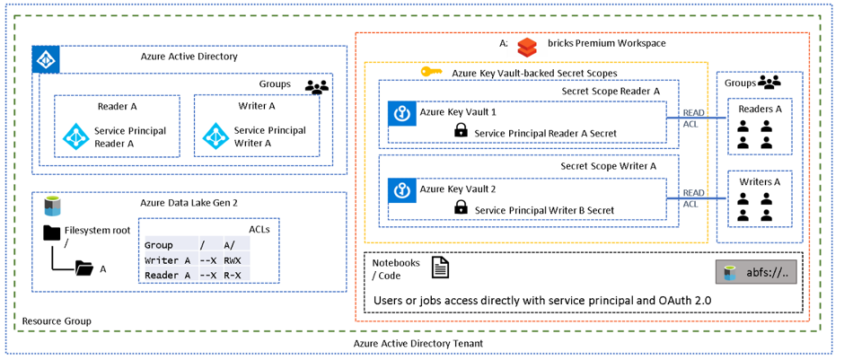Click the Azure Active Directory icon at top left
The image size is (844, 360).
[45, 60]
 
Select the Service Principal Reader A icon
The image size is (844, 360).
[74, 136]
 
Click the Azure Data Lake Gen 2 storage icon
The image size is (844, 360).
[52, 206]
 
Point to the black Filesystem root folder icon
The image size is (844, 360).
[53, 233]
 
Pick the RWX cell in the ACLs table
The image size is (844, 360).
[233, 260]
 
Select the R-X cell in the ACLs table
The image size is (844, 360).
[233, 275]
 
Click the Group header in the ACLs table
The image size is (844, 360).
[158, 244]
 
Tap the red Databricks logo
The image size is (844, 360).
[527, 44]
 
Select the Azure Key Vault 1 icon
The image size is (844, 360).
[401, 114]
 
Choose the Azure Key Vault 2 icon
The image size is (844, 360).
[401, 189]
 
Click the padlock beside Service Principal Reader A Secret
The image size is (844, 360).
[461, 132]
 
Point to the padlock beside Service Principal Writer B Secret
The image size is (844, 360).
[461, 207]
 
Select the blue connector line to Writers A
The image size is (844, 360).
[696, 198]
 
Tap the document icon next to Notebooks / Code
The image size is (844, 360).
[440, 268]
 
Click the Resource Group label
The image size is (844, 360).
[56, 320]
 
